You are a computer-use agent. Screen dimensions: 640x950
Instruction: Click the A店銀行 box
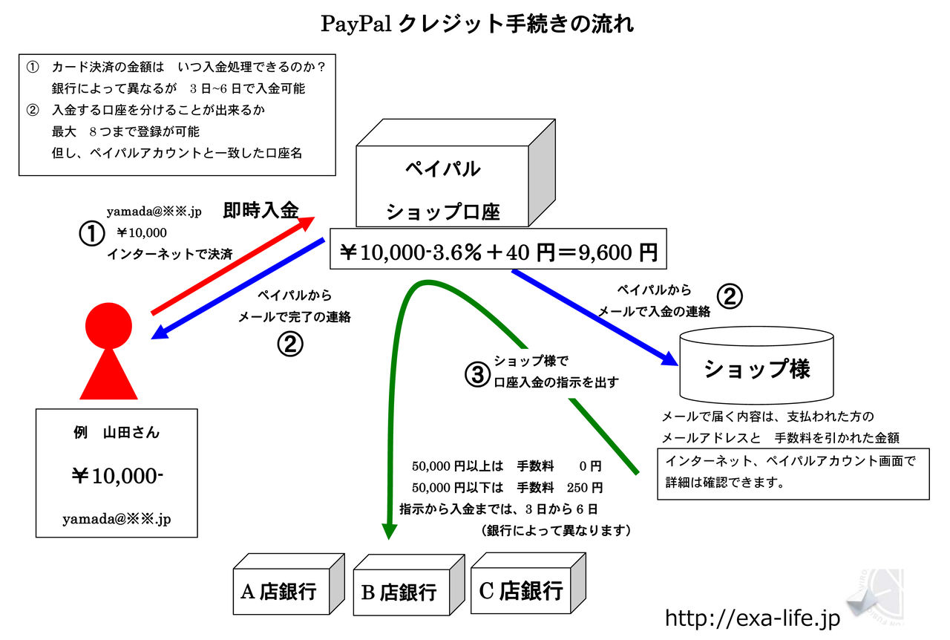(x=279, y=591)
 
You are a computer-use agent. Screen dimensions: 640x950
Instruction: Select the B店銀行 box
(x=399, y=592)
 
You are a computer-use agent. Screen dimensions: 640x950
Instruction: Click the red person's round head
(x=108, y=326)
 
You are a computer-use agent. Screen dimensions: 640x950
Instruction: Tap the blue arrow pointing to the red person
(x=237, y=289)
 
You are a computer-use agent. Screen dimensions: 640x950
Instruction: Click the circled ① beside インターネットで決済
(x=91, y=234)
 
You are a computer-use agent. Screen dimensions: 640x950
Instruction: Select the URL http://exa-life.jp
(x=752, y=618)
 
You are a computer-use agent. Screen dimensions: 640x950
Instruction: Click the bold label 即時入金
(x=261, y=211)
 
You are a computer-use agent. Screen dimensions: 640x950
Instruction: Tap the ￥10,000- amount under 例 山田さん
(x=117, y=476)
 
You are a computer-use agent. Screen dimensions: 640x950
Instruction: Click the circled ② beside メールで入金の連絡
(x=729, y=297)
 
